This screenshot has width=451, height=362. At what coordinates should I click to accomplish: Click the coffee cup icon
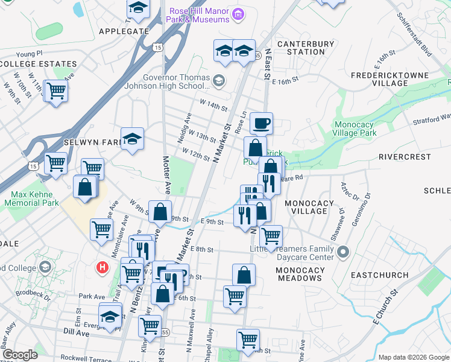(x=261, y=124)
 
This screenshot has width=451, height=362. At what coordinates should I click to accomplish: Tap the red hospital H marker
(x=102, y=267)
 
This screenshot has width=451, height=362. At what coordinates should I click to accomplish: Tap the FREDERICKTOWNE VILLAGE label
(x=400, y=79)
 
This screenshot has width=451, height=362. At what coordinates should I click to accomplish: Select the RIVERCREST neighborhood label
(x=405, y=157)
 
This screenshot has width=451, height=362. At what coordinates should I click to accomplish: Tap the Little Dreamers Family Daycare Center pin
(x=343, y=252)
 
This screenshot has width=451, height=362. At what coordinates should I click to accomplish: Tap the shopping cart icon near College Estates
(x=56, y=91)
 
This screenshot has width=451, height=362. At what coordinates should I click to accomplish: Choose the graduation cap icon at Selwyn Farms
(x=132, y=139)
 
